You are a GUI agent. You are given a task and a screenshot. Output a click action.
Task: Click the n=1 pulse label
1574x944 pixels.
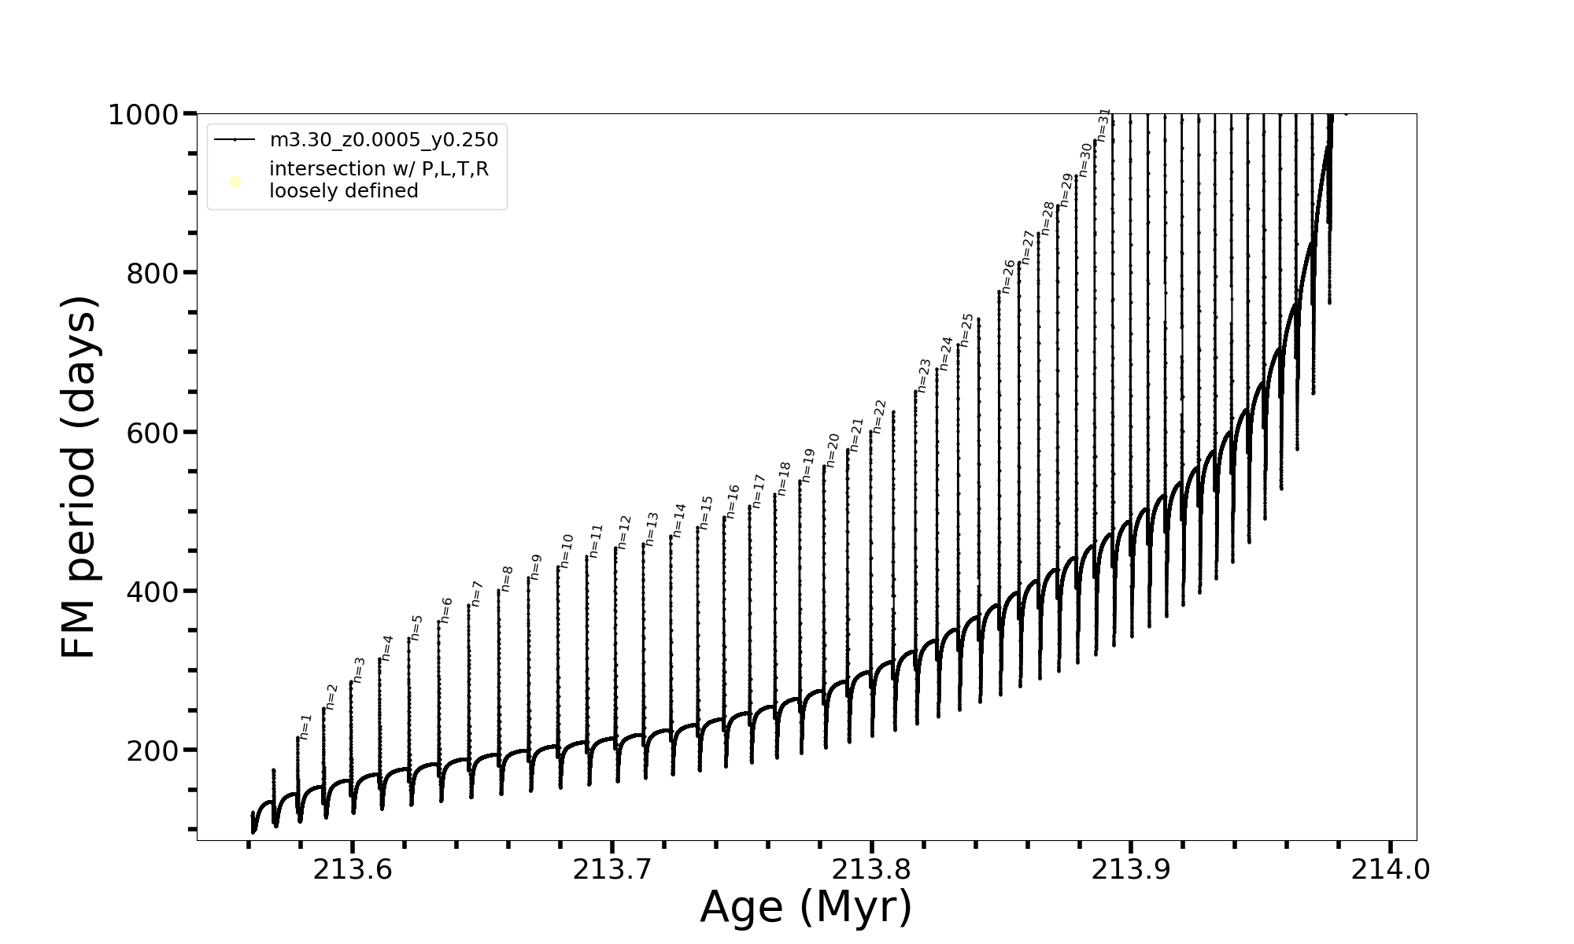pyautogui.click(x=306, y=727)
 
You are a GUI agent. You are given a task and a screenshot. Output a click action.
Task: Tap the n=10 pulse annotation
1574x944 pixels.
pyautogui.click(x=567, y=551)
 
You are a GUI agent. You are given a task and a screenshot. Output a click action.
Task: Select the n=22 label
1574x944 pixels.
pyautogui.click(x=880, y=417)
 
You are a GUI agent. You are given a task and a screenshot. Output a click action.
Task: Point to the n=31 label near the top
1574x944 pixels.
pyautogui.click(x=1103, y=125)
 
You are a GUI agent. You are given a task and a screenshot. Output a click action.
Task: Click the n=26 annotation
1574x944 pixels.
pyautogui.click(x=1008, y=277)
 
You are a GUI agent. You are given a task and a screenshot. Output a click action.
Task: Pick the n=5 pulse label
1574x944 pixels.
pyautogui.click(x=416, y=628)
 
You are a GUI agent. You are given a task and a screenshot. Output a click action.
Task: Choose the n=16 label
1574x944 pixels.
pyautogui.click(x=733, y=501)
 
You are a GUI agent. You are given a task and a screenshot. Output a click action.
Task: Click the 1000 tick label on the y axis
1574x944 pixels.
pyautogui.click(x=145, y=115)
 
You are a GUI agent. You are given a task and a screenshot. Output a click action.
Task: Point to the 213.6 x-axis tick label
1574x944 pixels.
pyautogui.click(x=353, y=870)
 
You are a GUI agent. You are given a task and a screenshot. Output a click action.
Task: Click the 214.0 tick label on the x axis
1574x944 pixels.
pyautogui.click(x=1391, y=870)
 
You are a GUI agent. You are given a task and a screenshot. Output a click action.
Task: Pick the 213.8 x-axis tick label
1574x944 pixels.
pyautogui.click(x=871, y=870)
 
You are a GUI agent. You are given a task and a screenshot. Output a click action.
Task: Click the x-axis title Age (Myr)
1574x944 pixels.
pyautogui.click(x=806, y=908)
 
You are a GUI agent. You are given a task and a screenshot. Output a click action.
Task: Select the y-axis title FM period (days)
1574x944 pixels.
pyautogui.click(x=79, y=477)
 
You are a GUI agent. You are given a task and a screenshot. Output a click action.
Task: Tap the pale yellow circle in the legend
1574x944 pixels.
pyautogui.click(x=235, y=183)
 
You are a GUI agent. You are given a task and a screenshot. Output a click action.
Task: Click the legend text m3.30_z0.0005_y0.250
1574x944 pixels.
pyautogui.click(x=384, y=140)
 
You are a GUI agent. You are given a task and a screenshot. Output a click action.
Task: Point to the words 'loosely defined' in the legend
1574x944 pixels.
pyautogui.click(x=344, y=191)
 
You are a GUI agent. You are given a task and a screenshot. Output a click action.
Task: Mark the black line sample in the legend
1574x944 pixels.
pyautogui.click(x=235, y=140)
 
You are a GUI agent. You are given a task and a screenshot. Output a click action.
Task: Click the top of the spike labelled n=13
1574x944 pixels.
pyautogui.click(x=643, y=543)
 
